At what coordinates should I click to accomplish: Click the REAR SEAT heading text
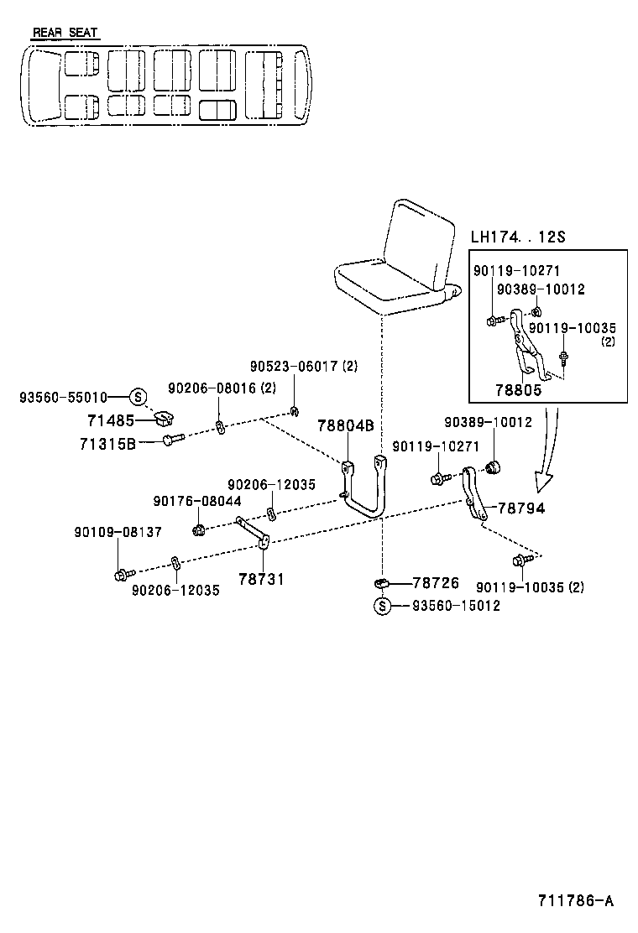coord(65,33)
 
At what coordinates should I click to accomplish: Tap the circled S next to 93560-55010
coord(139,397)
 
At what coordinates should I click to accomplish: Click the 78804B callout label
coord(345,425)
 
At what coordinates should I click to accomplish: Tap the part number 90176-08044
coord(197,501)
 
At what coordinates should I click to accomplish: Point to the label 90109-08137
coord(118,532)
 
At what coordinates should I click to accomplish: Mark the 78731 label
coord(261,578)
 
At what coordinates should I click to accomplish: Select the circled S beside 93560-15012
coord(382,606)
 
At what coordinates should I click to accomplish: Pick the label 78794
coord(520,508)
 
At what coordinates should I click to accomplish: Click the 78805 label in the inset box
coord(518,390)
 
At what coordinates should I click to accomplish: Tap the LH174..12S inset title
coord(517,237)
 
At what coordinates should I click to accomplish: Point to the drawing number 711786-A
coord(575,901)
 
